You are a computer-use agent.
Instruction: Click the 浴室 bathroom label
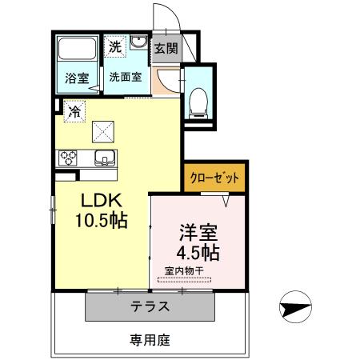[x=77, y=78]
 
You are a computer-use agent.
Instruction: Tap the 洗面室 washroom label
[x=125, y=78]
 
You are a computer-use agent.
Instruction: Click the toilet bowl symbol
[x=196, y=101]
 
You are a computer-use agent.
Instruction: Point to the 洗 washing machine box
[x=116, y=47]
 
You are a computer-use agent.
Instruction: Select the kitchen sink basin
[x=103, y=156]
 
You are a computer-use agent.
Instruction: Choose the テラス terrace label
[x=150, y=306]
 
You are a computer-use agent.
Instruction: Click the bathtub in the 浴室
[x=77, y=49]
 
